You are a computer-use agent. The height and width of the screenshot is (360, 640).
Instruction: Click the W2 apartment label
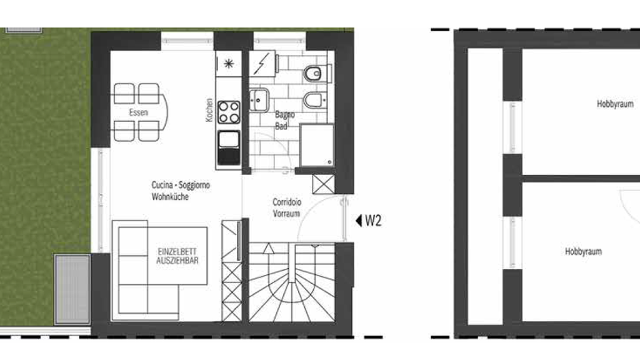pos(374,220)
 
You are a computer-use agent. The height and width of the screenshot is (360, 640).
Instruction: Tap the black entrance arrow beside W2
pos(358,220)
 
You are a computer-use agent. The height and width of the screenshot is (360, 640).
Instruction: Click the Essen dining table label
pos(138,113)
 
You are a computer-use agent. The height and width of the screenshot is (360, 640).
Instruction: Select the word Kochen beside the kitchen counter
pos(209,110)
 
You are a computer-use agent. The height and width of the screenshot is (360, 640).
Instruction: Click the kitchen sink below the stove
pos(229,148)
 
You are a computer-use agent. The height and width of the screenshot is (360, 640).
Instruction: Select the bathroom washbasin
pos(258,98)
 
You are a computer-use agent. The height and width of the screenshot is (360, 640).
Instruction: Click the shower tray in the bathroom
pos(317,145)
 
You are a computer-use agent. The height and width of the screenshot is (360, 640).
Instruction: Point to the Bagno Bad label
pos(284,120)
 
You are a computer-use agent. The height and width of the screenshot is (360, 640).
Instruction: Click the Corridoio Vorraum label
pos(287,207)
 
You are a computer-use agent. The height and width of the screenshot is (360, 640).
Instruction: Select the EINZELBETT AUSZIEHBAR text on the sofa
pos(177,256)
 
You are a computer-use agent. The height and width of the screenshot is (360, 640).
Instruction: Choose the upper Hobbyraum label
pos(615,104)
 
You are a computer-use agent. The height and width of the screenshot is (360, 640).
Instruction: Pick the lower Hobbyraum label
pos(583,251)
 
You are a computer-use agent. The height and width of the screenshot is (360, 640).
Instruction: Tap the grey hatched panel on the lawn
pos(72,289)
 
